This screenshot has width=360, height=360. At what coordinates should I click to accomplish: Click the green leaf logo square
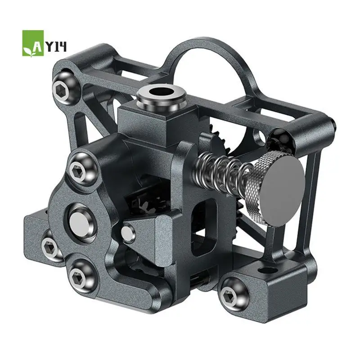pyautogui.click(x=33, y=43)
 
